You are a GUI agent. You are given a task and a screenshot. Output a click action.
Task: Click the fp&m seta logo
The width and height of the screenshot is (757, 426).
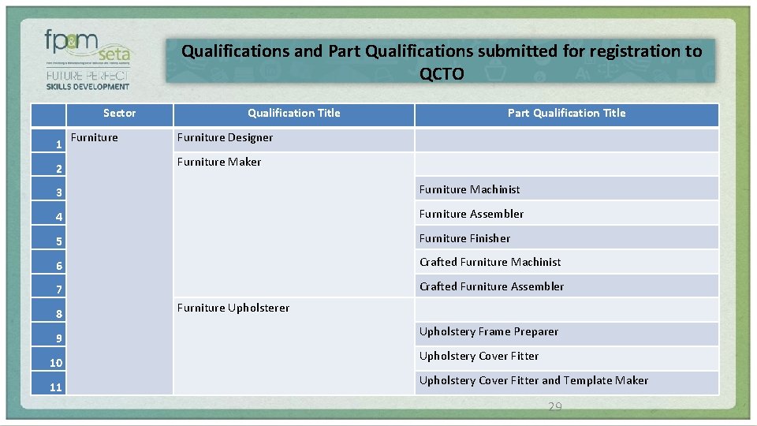88,48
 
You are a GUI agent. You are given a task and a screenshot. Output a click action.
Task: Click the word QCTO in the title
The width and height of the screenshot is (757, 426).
442,74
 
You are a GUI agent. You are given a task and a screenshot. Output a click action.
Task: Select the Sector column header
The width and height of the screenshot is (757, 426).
119,113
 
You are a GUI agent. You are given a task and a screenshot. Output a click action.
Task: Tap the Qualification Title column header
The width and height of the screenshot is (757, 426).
293,113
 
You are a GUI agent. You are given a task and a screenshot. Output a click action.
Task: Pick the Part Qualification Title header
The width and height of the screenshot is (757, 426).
566,113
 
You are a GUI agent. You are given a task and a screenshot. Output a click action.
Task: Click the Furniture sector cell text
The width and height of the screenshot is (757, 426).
95,137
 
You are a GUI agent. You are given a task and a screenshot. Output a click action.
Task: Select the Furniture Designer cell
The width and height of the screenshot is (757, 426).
225,137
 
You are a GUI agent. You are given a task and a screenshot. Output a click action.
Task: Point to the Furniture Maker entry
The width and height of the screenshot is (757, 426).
219,162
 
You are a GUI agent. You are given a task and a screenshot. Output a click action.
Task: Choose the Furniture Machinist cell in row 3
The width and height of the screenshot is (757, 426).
469,189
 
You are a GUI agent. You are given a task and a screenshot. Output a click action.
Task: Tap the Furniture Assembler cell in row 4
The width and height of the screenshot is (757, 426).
472,214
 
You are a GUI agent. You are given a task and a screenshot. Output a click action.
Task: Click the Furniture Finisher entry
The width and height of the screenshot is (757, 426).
464,238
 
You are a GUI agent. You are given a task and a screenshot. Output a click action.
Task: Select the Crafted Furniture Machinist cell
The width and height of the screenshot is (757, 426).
490,262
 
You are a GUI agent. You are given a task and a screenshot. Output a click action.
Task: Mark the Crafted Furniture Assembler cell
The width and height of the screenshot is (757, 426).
491,286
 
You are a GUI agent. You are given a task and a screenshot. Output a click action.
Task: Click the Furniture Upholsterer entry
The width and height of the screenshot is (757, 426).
233,308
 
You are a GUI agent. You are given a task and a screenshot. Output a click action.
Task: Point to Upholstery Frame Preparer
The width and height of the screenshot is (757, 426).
488,331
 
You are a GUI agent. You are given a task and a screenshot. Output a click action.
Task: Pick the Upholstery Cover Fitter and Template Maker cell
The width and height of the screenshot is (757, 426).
533,380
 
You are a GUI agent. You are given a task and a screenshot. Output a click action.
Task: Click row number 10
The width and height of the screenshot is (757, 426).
56,363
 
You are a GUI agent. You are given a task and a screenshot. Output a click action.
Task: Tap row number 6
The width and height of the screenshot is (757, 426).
58,266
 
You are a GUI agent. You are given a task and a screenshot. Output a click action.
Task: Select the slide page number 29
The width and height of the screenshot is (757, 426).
555,407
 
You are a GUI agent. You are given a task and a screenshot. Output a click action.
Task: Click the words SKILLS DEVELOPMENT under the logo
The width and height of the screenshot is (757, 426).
88,86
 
